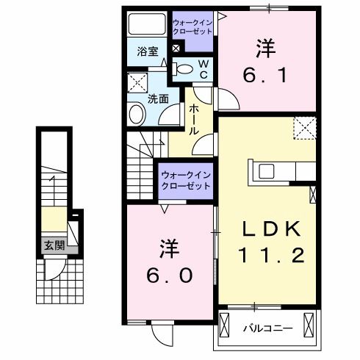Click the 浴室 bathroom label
[148, 51]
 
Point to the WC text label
[205, 70]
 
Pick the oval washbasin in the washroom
[137, 114]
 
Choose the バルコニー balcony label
[268, 328]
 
